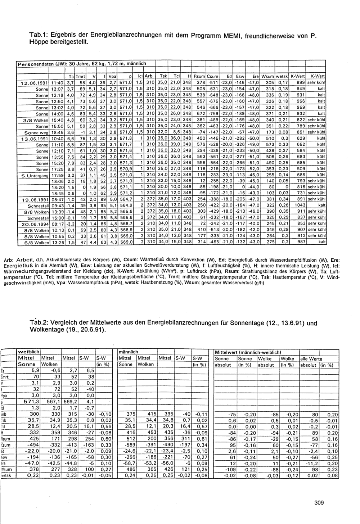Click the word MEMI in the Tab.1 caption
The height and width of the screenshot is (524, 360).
pos(234,37)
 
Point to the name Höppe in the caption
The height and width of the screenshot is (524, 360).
pos(41,44)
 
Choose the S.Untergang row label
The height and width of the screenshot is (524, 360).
pos(35,175)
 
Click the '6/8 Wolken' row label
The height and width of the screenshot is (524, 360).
pos(36,242)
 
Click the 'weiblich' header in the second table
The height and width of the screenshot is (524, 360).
pos(29,351)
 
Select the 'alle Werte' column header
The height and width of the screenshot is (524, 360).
pos(311,358)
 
